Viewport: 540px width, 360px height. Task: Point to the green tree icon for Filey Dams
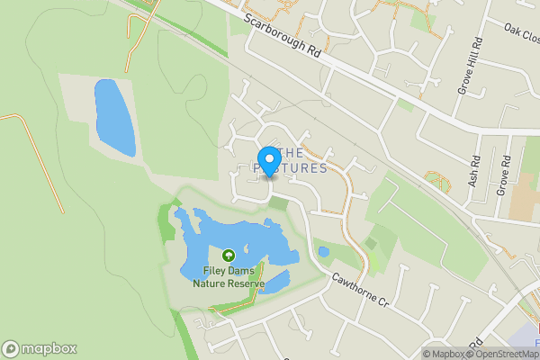pos(229,256)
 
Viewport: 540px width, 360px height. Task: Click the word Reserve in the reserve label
pos(248,283)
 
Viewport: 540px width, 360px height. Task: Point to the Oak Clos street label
pos(521,32)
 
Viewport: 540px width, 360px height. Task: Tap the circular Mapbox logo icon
pos(11,349)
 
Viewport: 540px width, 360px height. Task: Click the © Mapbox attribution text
pos(445,354)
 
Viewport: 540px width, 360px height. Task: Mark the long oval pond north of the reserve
pos(113,117)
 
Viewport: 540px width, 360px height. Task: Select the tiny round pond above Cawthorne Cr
pos(323,252)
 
